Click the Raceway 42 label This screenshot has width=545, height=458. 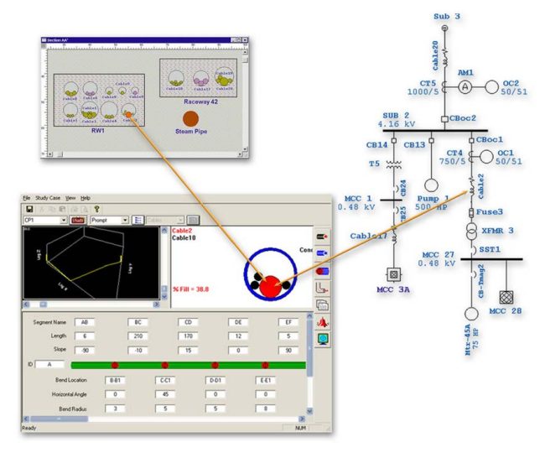[x=195, y=101]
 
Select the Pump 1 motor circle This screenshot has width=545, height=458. [x=433, y=185]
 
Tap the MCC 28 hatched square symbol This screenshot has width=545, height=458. [x=506, y=296]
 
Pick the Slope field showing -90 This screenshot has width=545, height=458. [x=85, y=349]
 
